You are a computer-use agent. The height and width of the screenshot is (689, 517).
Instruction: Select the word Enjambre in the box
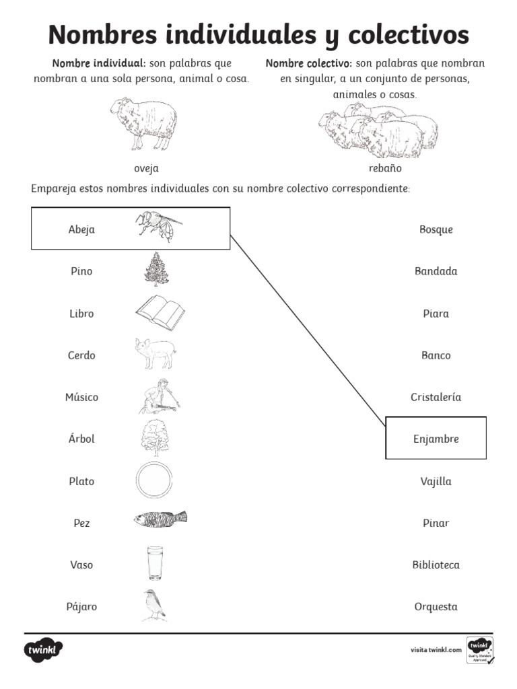436,439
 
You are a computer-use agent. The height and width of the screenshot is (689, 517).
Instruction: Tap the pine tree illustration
157,269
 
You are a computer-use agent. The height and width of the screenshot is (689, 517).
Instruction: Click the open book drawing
160,312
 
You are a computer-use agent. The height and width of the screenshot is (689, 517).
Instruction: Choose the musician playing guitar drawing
159,396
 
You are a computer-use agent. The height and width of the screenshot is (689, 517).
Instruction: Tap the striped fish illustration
160,519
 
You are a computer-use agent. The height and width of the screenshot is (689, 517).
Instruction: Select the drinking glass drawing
155,563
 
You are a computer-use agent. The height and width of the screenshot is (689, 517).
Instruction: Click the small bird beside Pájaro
153,604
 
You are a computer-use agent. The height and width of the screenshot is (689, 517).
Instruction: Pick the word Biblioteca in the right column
436,565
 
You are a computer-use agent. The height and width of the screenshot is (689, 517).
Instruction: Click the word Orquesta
436,607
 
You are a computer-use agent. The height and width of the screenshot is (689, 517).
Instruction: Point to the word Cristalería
436,398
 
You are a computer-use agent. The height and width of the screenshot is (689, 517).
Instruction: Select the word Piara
436,314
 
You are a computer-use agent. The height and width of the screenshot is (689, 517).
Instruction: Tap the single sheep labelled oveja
144,122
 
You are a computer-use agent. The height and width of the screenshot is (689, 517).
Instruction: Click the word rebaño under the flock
385,168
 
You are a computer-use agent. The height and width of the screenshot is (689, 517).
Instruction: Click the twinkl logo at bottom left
44,651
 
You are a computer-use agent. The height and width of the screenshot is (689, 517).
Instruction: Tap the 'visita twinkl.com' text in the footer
436,650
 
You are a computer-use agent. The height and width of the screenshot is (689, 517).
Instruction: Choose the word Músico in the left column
81,398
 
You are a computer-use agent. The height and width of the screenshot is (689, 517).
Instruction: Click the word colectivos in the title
397,35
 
